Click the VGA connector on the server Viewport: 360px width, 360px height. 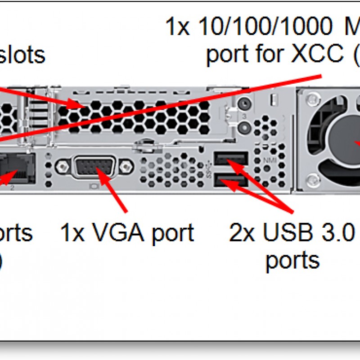(95, 169)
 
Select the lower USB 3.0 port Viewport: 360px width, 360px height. (231, 181)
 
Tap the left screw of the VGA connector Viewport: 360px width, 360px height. (61, 168)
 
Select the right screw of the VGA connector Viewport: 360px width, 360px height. (129, 168)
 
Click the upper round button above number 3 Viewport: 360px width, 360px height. (244, 103)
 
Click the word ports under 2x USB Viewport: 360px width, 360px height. (292, 260)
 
